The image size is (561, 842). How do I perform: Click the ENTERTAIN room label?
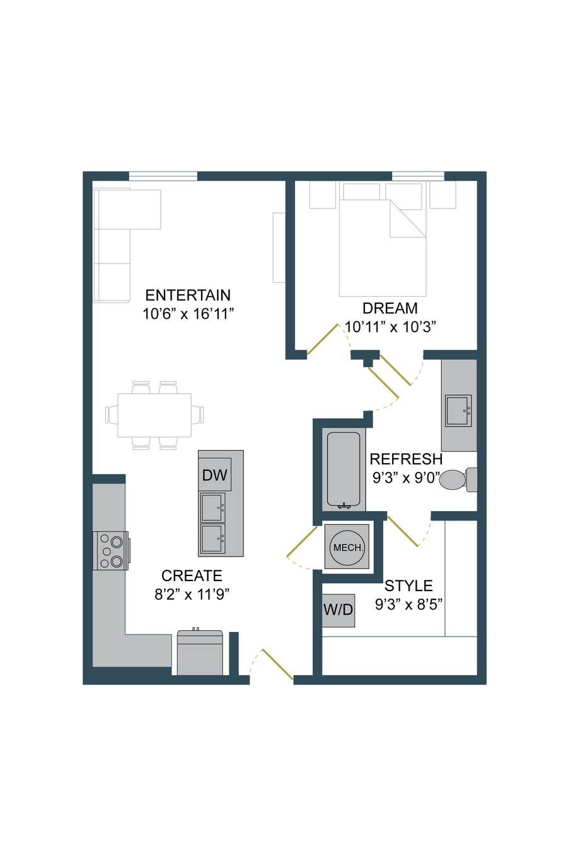coord(188,296)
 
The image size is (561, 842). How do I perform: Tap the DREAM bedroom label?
coord(390,308)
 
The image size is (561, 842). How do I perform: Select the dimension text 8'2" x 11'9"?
coord(192,594)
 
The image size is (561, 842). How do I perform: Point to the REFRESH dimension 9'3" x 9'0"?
coord(406,478)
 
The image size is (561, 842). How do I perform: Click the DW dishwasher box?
coord(215,475)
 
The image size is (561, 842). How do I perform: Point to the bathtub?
coord(344,470)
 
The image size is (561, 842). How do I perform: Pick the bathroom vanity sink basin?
coord(458,410)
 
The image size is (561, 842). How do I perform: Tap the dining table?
coord(154,415)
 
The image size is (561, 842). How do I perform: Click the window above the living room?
coord(163,176)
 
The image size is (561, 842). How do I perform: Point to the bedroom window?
coord(418,176)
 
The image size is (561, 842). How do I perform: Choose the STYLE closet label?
coord(408,585)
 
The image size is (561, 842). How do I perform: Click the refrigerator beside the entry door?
coord(200,652)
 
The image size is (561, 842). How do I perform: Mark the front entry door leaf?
coord(277,664)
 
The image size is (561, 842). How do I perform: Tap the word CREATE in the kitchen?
coord(192,575)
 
